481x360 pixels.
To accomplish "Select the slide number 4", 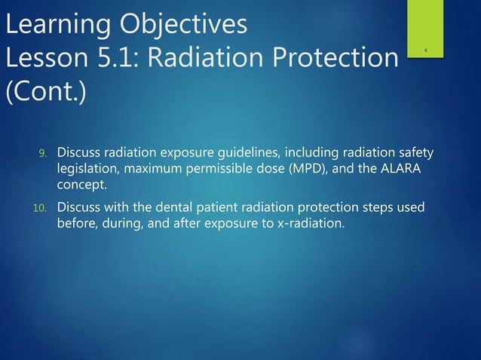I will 426,51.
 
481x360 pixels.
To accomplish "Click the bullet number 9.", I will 44,154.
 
